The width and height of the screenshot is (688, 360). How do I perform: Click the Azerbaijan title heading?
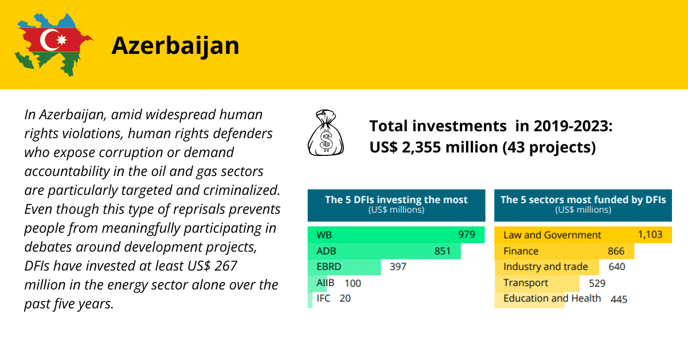[x=175, y=45]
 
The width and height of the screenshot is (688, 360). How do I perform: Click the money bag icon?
[x=325, y=134]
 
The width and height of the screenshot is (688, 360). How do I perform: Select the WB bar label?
[x=324, y=235]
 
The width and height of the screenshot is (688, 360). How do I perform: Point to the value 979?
[x=467, y=235]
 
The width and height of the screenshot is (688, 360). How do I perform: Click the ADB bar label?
[x=326, y=251]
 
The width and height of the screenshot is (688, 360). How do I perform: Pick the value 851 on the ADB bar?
[x=442, y=251]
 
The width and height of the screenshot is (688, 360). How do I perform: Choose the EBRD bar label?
[x=329, y=267]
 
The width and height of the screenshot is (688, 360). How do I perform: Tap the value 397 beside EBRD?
[x=398, y=267]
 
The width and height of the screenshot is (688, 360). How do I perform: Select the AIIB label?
[x=325, y=283]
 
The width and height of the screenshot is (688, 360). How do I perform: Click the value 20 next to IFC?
[x=345, y=298]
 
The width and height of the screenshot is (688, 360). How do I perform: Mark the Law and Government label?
[x=552, y=235]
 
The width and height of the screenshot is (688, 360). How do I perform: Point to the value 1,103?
[x=650, y=235]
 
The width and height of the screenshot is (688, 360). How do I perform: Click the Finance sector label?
[x=521, y=251]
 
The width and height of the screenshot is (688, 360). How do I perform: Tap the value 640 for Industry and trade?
[x=616, y=267]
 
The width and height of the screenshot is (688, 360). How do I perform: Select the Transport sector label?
[x=526, y=283]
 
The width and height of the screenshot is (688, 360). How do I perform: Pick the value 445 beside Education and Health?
[x=619, y=299]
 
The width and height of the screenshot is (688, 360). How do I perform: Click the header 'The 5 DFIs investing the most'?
[x=396, y=200]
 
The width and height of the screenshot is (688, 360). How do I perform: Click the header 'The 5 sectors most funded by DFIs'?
[x=583, y=200]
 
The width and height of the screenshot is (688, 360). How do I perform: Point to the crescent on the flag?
[x=49, y=40]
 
